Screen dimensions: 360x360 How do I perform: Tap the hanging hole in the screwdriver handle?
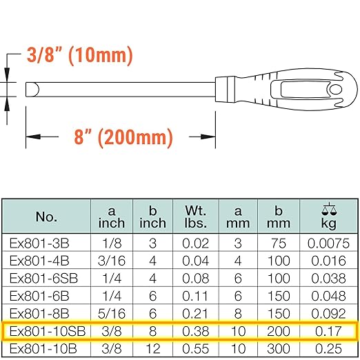coord(333,90)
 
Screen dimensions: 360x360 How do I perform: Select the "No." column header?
coord(46,217)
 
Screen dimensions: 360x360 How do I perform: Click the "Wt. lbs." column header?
coord(195,217)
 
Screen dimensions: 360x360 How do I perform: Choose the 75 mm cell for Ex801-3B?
coord(279,243)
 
